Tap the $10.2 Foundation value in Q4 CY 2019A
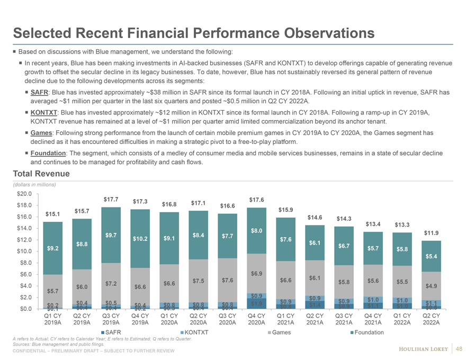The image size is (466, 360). (x=140, y=239)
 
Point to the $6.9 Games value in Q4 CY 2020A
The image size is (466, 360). (x=257, y=274)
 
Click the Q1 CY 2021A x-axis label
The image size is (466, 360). (x=286, y=320)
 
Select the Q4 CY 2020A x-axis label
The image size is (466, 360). (x=257, y=320)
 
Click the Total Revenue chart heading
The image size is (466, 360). (x=41, y=173)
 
